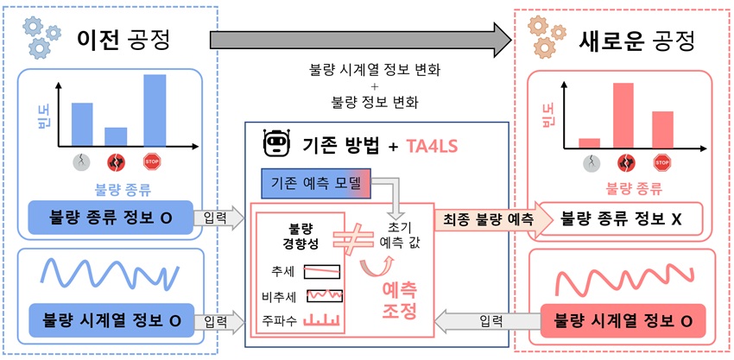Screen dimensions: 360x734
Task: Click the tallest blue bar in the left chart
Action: click(155, 111)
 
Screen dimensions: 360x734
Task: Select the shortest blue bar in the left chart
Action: click(116, 136)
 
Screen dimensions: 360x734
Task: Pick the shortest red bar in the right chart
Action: click(589, 142)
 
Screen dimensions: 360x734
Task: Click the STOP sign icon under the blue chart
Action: click(154, 161)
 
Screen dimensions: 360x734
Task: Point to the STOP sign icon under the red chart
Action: click(662, 161)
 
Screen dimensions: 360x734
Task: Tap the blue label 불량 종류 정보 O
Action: click(109, 219)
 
